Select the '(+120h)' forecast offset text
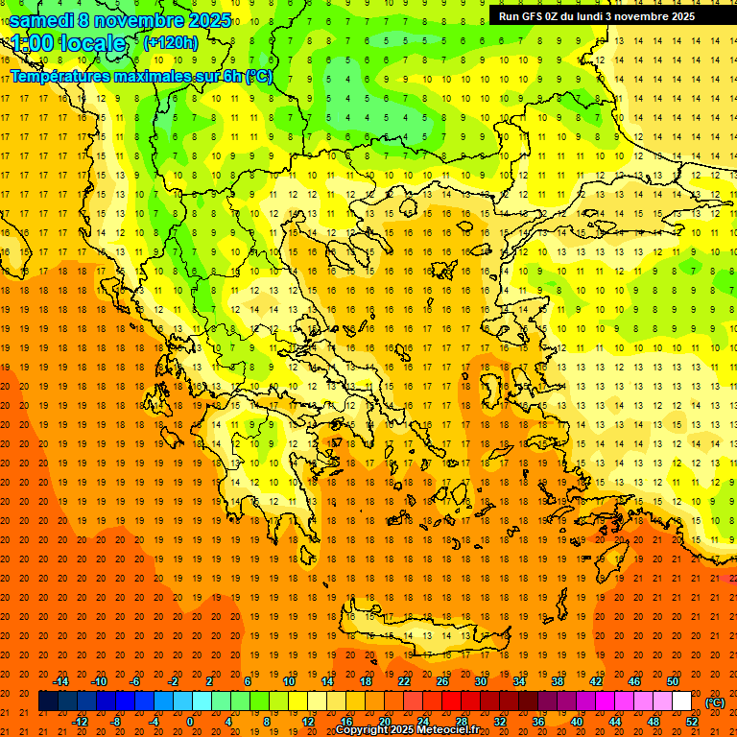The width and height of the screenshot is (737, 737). pyautogui.click(x=170, y=42)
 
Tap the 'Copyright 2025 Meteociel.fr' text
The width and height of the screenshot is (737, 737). pyautogui.click(x=407, y=729)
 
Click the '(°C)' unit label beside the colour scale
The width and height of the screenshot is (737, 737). pyautogui.click(x=715, y=702)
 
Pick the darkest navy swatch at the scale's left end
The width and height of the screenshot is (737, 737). pyautogui.click(x=48, y=701)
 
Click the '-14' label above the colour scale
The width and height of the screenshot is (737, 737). pyautogui.click(x=60, y=681)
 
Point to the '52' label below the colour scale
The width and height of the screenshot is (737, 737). pyautogui.click(x=692, y=722)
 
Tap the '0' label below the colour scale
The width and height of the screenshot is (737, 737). pyautogui.click(x=190, y=722)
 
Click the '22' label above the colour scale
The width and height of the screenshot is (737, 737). pyautogui.click(x=404, y=681)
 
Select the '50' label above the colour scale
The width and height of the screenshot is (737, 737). pyautogui.click(x=673, y=681)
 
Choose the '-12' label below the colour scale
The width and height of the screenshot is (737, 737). pyautogui.click(x=80, y=722)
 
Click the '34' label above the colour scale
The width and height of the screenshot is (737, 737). pyautogui.click(x=519, y=681)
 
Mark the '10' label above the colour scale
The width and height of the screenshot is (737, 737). pyautogui.click(x=289, y=681)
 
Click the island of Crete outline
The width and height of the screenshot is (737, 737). pyautogui.click(x=422, y=634)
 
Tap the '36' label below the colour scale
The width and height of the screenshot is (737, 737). pyautogui.click(x=538, y=722)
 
